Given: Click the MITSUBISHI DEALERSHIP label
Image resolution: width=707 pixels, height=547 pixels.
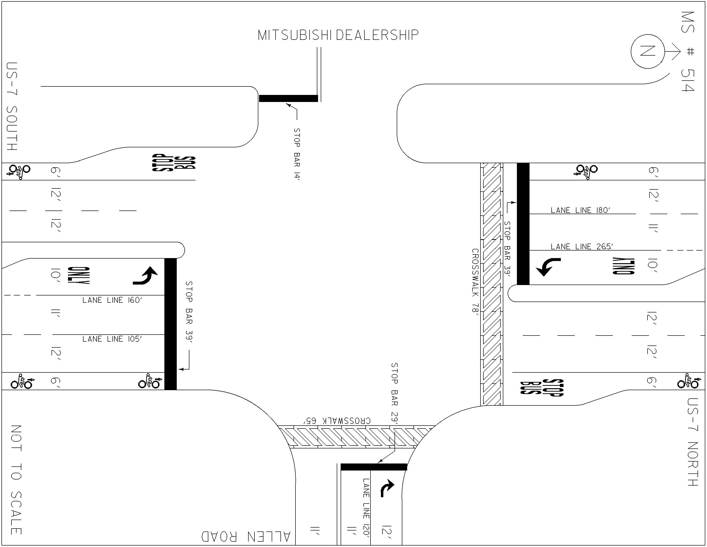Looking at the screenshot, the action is pos(338,35).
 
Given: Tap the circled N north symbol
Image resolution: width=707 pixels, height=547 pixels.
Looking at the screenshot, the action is pos(648,51).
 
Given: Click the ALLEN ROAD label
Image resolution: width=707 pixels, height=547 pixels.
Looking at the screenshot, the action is pos(246,536).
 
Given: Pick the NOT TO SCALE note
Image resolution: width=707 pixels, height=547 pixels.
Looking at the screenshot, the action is pos(16,480).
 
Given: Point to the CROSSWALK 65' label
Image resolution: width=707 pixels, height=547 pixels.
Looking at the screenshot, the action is pos(337,421).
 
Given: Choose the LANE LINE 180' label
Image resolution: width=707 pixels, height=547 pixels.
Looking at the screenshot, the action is pos(581,210).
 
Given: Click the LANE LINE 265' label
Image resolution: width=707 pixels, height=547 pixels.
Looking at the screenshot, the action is pos(582,247).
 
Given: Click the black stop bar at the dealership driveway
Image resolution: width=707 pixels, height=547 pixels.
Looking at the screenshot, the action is pos(288,98).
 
